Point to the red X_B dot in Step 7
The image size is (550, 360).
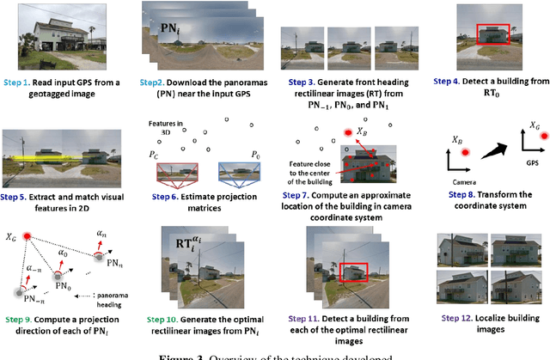(x=347, y=133)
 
